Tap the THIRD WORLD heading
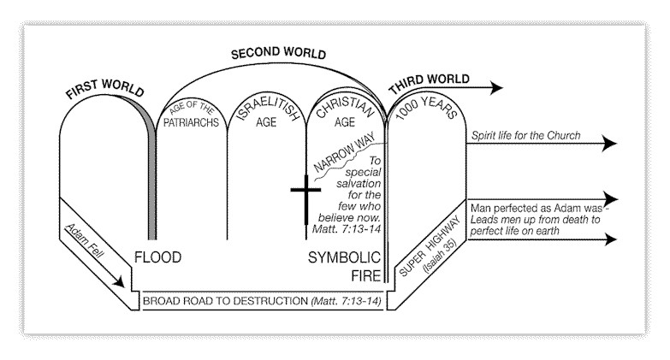pos(428,80)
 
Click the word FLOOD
pos(159,257)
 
